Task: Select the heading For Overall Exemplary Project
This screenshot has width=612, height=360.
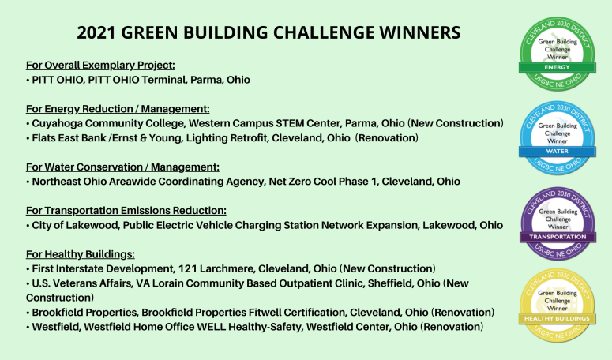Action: [x=100, y=65]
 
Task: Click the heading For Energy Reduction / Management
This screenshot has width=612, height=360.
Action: [x=117, y=109]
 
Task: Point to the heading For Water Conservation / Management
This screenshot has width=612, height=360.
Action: [x=122, y=167]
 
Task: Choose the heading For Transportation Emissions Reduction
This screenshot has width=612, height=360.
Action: [x=126, y=210]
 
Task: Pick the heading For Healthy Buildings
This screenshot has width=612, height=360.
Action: [x=81, y=253]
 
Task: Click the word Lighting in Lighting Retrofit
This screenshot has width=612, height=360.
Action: [x=202, y=138]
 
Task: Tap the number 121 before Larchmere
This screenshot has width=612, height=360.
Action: [x=190, y=268]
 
